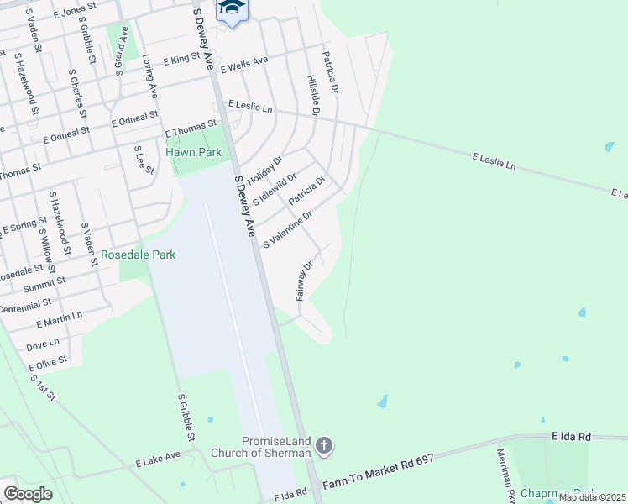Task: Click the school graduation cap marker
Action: coord(230,8)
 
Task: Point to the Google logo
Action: coord(29,493)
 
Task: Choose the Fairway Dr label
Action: coord(304,281)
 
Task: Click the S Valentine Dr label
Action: coord(287,229)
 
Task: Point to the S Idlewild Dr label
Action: coord(275,190)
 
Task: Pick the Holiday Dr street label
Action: coord(264,171)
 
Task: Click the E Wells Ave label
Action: coord(243,64)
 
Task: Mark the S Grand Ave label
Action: coord(122,52)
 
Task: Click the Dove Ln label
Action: coord(43,344)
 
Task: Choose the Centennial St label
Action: coord(26,305)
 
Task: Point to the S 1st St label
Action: coord(43,385)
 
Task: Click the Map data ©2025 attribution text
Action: coord(593,497)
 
